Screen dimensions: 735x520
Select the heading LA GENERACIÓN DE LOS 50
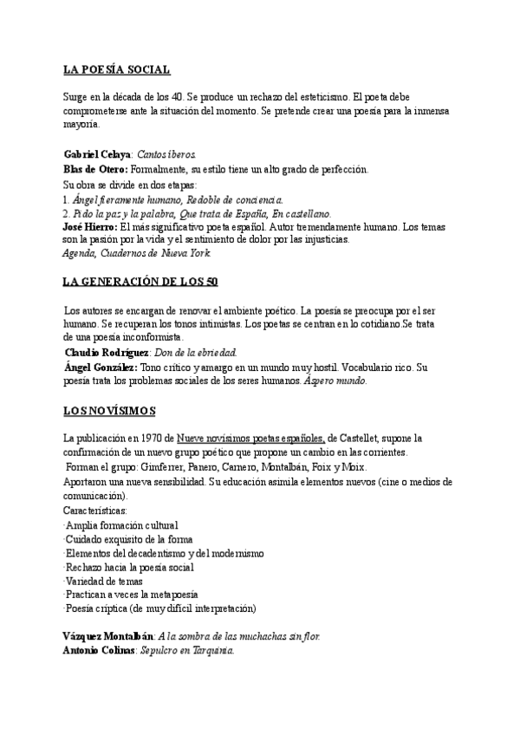(141, 283)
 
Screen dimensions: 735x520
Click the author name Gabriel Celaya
(95, 153)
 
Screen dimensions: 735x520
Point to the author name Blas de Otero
(96, 168)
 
